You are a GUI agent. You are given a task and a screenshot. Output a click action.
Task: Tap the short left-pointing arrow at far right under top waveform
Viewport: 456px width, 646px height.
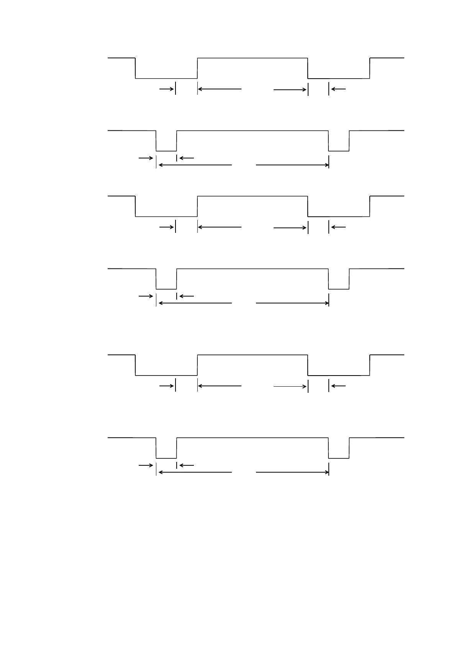[x=338, y=89]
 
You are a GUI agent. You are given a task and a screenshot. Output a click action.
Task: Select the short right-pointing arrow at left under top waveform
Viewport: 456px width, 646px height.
[x=166, y=89]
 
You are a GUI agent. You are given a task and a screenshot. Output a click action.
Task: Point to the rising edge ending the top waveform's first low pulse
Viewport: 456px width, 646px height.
[x=197, y=68]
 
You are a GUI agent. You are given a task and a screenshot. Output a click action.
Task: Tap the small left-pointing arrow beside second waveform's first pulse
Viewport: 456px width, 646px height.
[x=187, y=158]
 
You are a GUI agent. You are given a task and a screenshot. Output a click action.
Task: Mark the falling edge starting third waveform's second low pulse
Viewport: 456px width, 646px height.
[x=308, y=206]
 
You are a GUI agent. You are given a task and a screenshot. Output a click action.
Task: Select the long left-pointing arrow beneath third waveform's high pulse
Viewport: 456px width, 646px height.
[x=220, y=227]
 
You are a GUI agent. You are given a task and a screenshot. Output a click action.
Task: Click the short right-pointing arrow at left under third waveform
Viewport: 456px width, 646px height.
[x=166, y=227]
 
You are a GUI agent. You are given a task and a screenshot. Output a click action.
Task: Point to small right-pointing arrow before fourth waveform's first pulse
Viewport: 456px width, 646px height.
[x=146, y=296]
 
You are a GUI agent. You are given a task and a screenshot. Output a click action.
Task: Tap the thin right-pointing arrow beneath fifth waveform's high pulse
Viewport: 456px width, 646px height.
[x=290, y=386]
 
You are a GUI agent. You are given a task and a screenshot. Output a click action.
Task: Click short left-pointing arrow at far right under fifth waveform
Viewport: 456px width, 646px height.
[x=338, y=386]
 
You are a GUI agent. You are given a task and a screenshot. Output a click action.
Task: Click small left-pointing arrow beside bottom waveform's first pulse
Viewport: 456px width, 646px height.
[x=187, y=465]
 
